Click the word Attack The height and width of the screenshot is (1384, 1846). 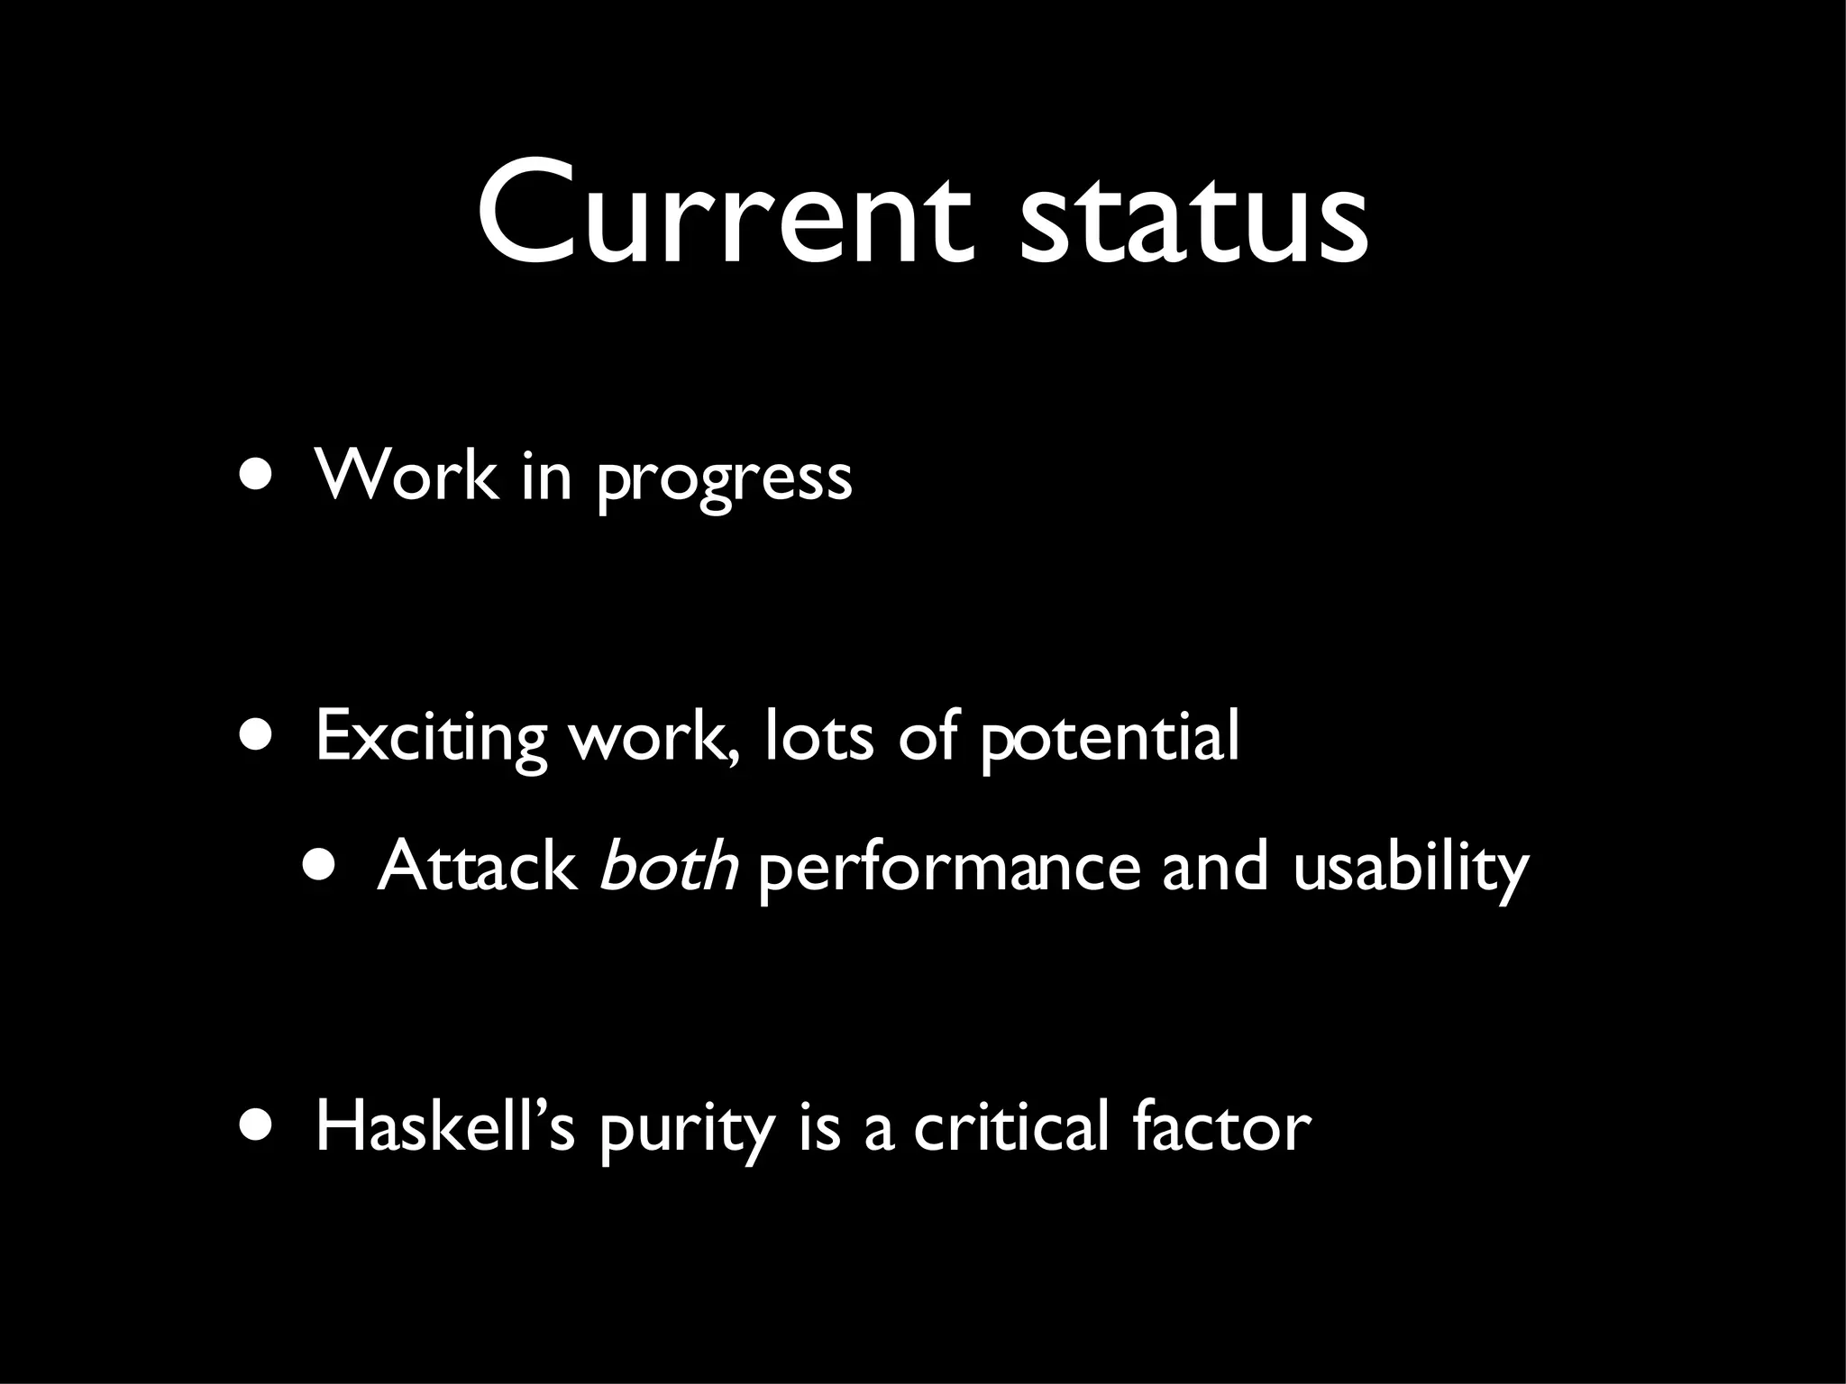[477, 866]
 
